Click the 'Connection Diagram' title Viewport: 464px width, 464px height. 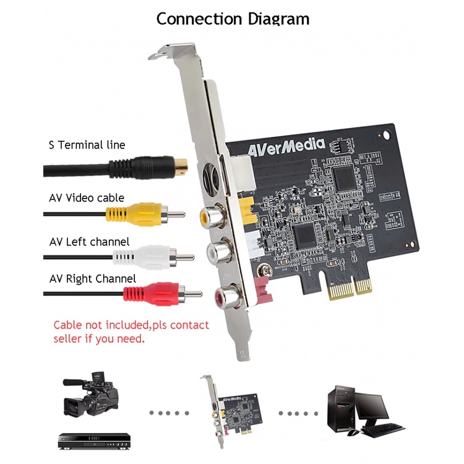tap(233, 19)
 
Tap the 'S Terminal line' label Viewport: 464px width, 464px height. tap(87, 145)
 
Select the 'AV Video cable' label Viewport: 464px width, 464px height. tap(87, 198)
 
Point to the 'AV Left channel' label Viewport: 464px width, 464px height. tap(89, 242)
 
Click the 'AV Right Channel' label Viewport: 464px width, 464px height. tap(93, 279)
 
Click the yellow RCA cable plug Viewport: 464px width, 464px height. tap(145, 214)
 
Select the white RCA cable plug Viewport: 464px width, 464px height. tap(153, 257)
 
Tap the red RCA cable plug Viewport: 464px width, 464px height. tap(163, 294)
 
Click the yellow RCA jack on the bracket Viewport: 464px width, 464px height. tap(212, 216)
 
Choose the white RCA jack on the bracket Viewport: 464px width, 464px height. tap(219, 252)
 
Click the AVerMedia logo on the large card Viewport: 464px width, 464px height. tap(286, 147)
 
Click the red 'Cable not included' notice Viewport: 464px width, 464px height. tap(131, 332)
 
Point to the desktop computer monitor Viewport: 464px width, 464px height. tap(371, 409)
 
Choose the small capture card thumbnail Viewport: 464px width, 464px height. tap(231, 411)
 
